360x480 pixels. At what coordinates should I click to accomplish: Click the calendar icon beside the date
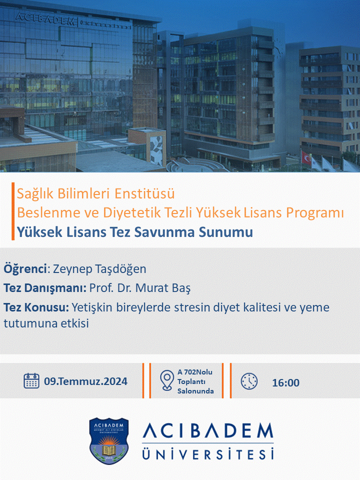[31, 381]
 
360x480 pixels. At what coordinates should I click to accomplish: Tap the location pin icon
[167, 380]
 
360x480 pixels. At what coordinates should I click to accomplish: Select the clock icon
[249, 381]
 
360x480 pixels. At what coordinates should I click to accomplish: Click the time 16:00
[285, 382]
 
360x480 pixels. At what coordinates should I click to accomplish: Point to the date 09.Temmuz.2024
[85, 381]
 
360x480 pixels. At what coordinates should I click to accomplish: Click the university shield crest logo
[108, 440]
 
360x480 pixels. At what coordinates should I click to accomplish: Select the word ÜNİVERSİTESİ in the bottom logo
[208, 453]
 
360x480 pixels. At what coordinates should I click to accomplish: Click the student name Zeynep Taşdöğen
[99, 269]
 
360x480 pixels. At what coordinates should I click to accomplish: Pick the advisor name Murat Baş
[163, 288]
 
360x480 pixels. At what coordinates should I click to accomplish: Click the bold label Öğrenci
[25, 269]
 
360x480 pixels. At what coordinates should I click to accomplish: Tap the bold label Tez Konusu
[36, 307]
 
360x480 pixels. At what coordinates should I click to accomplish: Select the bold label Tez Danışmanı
[44, 288]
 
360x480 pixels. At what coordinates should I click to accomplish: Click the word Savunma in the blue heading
[164, 231]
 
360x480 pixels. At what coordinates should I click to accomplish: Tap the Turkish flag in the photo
[306, 156]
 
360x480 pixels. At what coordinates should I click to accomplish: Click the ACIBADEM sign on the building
[45, 19]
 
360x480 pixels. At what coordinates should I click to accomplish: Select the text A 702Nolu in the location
[194, 372]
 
